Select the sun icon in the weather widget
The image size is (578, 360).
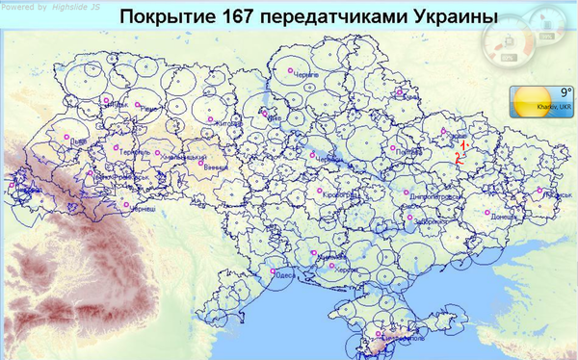coord(531,99)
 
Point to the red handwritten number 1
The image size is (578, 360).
coord(463,142)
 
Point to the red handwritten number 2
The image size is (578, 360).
coord(459,160)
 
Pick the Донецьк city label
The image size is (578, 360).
coord(503,218)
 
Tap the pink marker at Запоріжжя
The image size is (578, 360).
coord(410,218)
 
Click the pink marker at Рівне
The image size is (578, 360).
coord(137,104)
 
